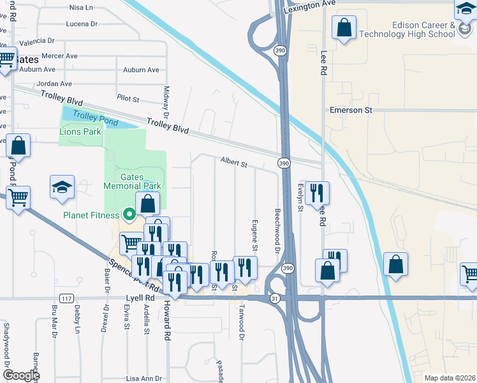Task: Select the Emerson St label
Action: pyautogui.click(x=350, y=110)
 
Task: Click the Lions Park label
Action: pyautogui.click(x=80, y=131)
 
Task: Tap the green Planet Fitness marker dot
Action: pyautogui.click(x=129, y=214)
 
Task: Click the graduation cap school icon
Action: pyautogui.click(x=63, y=186)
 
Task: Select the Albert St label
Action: pyautogui.click(x=234, y=163)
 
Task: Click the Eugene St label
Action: pyautogui.click(x=255, y=235)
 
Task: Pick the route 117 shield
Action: pyautogui.click(x=66, y=298)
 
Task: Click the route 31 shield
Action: pyautogui.click(x=275, y=298)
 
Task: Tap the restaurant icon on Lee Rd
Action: pyautogui.click(x=317, y=192)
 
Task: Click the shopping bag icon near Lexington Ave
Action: pyautogui.click(x=344, y=28)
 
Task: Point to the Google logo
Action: pyautogui.click(x=21, y=375)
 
